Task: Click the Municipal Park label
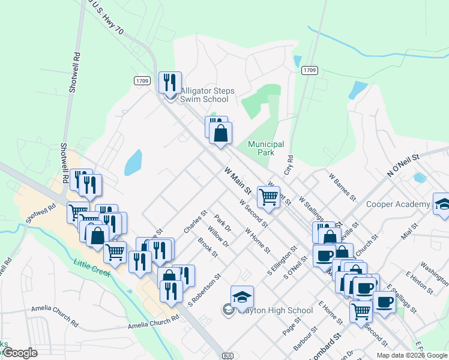pos(266,148)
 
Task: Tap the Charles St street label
pos(196,221)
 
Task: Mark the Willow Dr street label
pos(218,236)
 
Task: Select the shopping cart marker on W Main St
pos(268,196)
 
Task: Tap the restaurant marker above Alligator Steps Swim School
pos(170,82)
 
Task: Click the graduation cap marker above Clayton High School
pos(242,296)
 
